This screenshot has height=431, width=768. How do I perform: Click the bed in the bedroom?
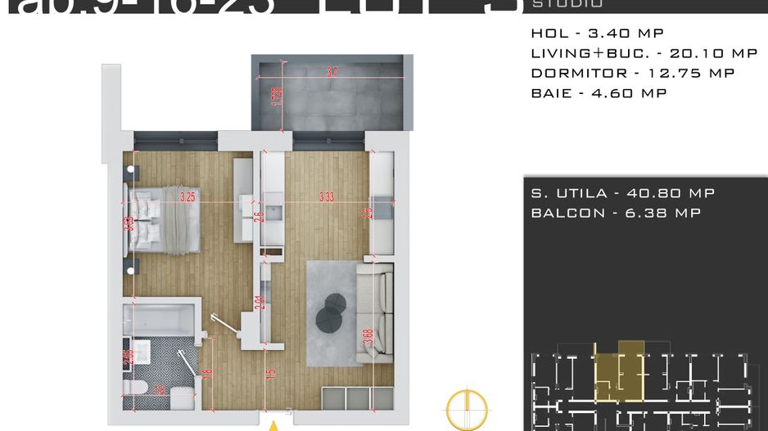[162, 219]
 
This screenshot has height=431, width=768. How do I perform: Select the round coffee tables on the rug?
[333, 312]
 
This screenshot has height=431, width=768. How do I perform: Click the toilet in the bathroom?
[136, 388]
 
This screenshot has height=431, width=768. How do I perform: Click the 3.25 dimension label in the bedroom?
[187, 196]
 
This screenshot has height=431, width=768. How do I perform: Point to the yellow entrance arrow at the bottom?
[275, 425]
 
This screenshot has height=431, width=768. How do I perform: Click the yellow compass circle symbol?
[466, 408]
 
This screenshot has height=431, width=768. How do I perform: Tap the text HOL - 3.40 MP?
[597, 34]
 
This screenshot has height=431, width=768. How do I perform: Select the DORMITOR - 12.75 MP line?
[632, 73]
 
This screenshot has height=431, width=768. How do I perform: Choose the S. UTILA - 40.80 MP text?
[622, 193]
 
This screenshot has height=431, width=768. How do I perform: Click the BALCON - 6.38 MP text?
[616, 213]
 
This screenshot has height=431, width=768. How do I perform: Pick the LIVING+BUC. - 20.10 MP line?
[644, 53]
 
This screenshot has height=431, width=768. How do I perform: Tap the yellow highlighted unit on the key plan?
[618, 372]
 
